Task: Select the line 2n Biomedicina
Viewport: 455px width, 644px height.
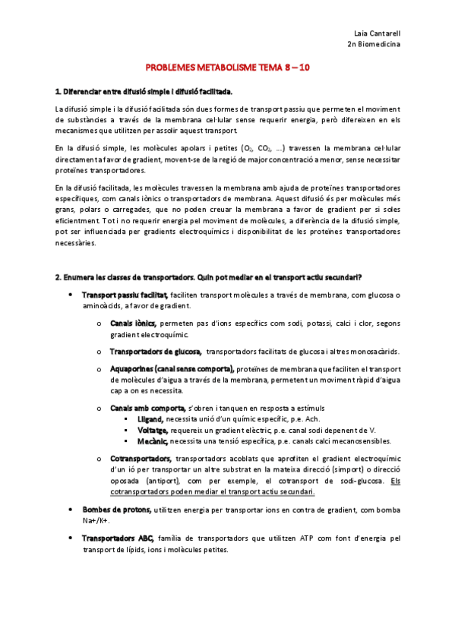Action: (374, 45)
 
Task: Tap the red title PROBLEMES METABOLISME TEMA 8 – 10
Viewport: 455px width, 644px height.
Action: (227, 68)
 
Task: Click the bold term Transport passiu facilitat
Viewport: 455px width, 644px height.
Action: (125, 295)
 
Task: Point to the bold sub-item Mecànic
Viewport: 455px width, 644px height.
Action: (153, 440)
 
